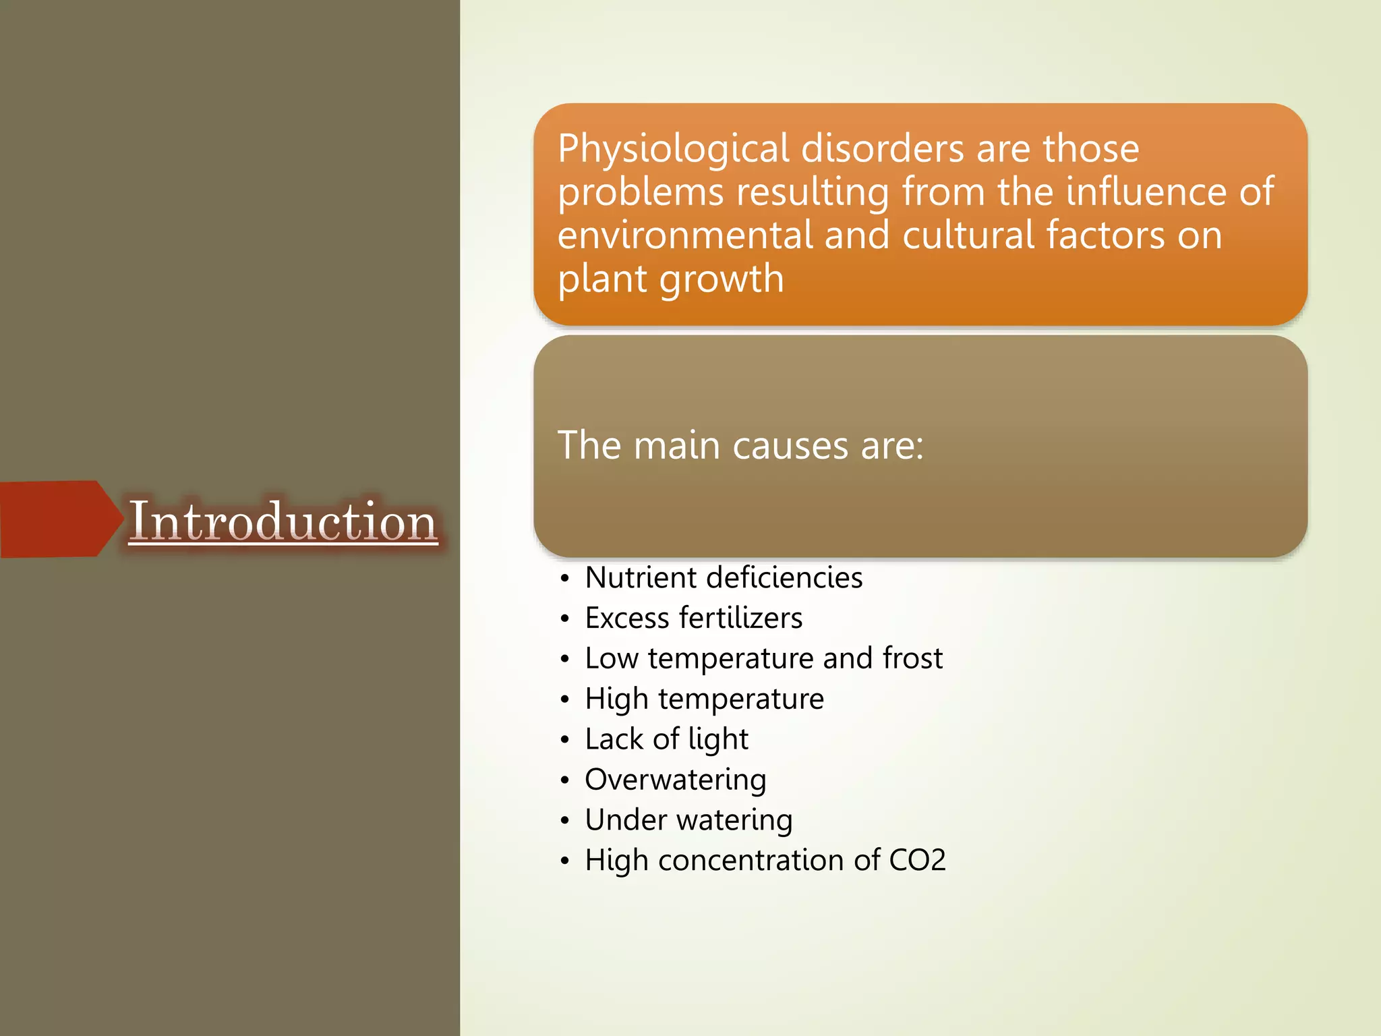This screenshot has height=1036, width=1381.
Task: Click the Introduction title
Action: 283,521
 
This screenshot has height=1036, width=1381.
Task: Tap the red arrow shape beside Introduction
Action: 57,519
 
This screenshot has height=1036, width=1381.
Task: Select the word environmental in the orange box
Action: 684,235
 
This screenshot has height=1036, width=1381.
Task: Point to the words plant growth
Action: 671,279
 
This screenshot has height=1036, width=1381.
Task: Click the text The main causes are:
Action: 740,446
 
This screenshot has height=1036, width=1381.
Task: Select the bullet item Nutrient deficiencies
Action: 724,578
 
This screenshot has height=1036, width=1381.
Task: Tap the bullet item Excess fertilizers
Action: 693,618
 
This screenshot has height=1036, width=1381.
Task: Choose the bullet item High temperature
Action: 704,699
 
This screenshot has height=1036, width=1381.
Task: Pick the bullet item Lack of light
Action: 666,739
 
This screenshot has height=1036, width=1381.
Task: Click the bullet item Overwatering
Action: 675,780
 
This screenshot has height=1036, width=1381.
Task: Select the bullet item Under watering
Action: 688,820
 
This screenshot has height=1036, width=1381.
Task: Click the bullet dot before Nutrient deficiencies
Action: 565,579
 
